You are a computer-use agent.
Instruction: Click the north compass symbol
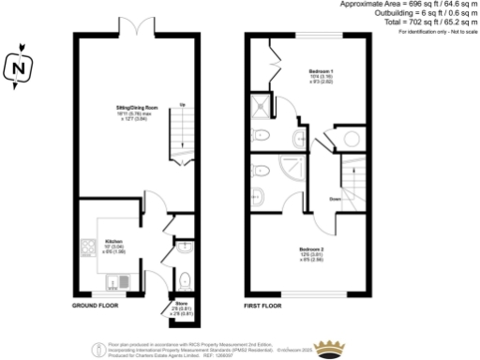[x=19, y=68]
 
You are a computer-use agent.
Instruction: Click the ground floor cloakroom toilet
[x=185, y=278]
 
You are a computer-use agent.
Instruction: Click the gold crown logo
[x=329, y=348]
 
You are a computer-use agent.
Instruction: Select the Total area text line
[x=427, y=22]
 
